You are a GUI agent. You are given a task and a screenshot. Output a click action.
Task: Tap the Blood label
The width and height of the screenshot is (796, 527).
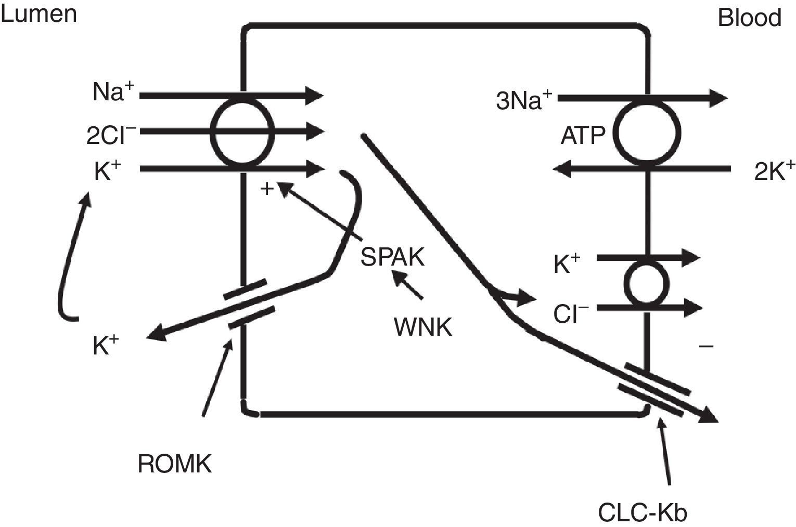(749, 18)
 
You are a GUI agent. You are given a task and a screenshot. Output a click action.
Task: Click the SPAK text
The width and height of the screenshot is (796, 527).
(393, 257)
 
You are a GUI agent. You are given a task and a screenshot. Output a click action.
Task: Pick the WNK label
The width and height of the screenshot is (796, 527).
(422, 327)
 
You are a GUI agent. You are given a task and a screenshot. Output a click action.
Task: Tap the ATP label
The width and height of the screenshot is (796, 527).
(583, 136)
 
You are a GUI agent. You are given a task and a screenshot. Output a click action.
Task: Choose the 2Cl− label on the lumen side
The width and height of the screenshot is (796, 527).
(111, 135)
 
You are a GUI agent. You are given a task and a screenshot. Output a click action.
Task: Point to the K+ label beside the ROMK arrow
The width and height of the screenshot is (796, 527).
(106, 346)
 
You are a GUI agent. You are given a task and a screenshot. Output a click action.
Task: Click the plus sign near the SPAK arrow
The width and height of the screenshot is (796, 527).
(267, 189)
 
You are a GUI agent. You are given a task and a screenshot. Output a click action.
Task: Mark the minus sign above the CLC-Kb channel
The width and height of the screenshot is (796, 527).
(706, 346)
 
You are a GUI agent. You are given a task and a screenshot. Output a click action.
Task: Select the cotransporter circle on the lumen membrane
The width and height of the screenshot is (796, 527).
(243, 132)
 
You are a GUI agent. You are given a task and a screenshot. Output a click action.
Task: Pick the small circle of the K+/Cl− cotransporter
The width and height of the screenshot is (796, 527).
(647, 284)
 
